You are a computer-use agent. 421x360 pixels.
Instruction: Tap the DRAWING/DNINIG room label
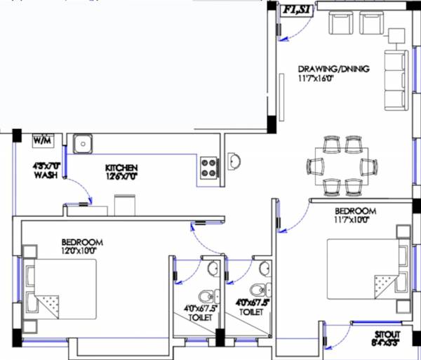pyautogui.click(x=333, y=69)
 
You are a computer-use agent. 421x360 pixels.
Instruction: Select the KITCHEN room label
pyautogui.click(x=121, y=168)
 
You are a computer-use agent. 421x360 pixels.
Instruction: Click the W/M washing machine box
pyautogui.click(x=43, y=141)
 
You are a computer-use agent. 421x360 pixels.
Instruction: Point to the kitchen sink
pyautogui.click(x=83, y=143)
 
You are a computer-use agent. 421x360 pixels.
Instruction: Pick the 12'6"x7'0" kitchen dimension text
pyautogui.click(x=121, y=177)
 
